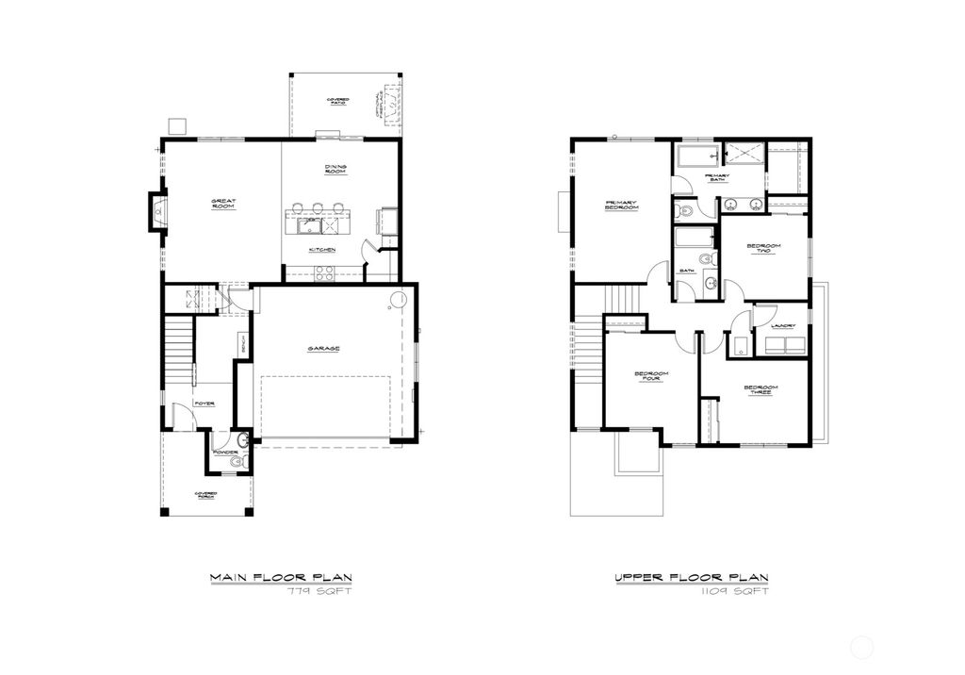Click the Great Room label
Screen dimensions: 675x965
pos(222,203)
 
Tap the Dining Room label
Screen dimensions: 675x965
pos(335,169)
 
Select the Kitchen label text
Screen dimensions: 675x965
pos(322,250)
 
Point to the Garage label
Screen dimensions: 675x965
pos(323,348)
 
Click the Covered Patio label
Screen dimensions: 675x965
pos(337,101)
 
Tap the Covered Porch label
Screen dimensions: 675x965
pos(205,495)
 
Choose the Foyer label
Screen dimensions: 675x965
pos(204,403)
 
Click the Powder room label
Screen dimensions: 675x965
pos(224,452)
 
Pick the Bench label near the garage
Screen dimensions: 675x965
pos(243,345)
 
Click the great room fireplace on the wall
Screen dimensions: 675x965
pos(157,212)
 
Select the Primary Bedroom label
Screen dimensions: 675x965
pos(622,204)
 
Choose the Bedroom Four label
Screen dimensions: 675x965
pos(651,376)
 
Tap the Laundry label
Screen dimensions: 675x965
pos(783,326)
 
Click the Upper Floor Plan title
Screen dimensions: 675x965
pos(692,577)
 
